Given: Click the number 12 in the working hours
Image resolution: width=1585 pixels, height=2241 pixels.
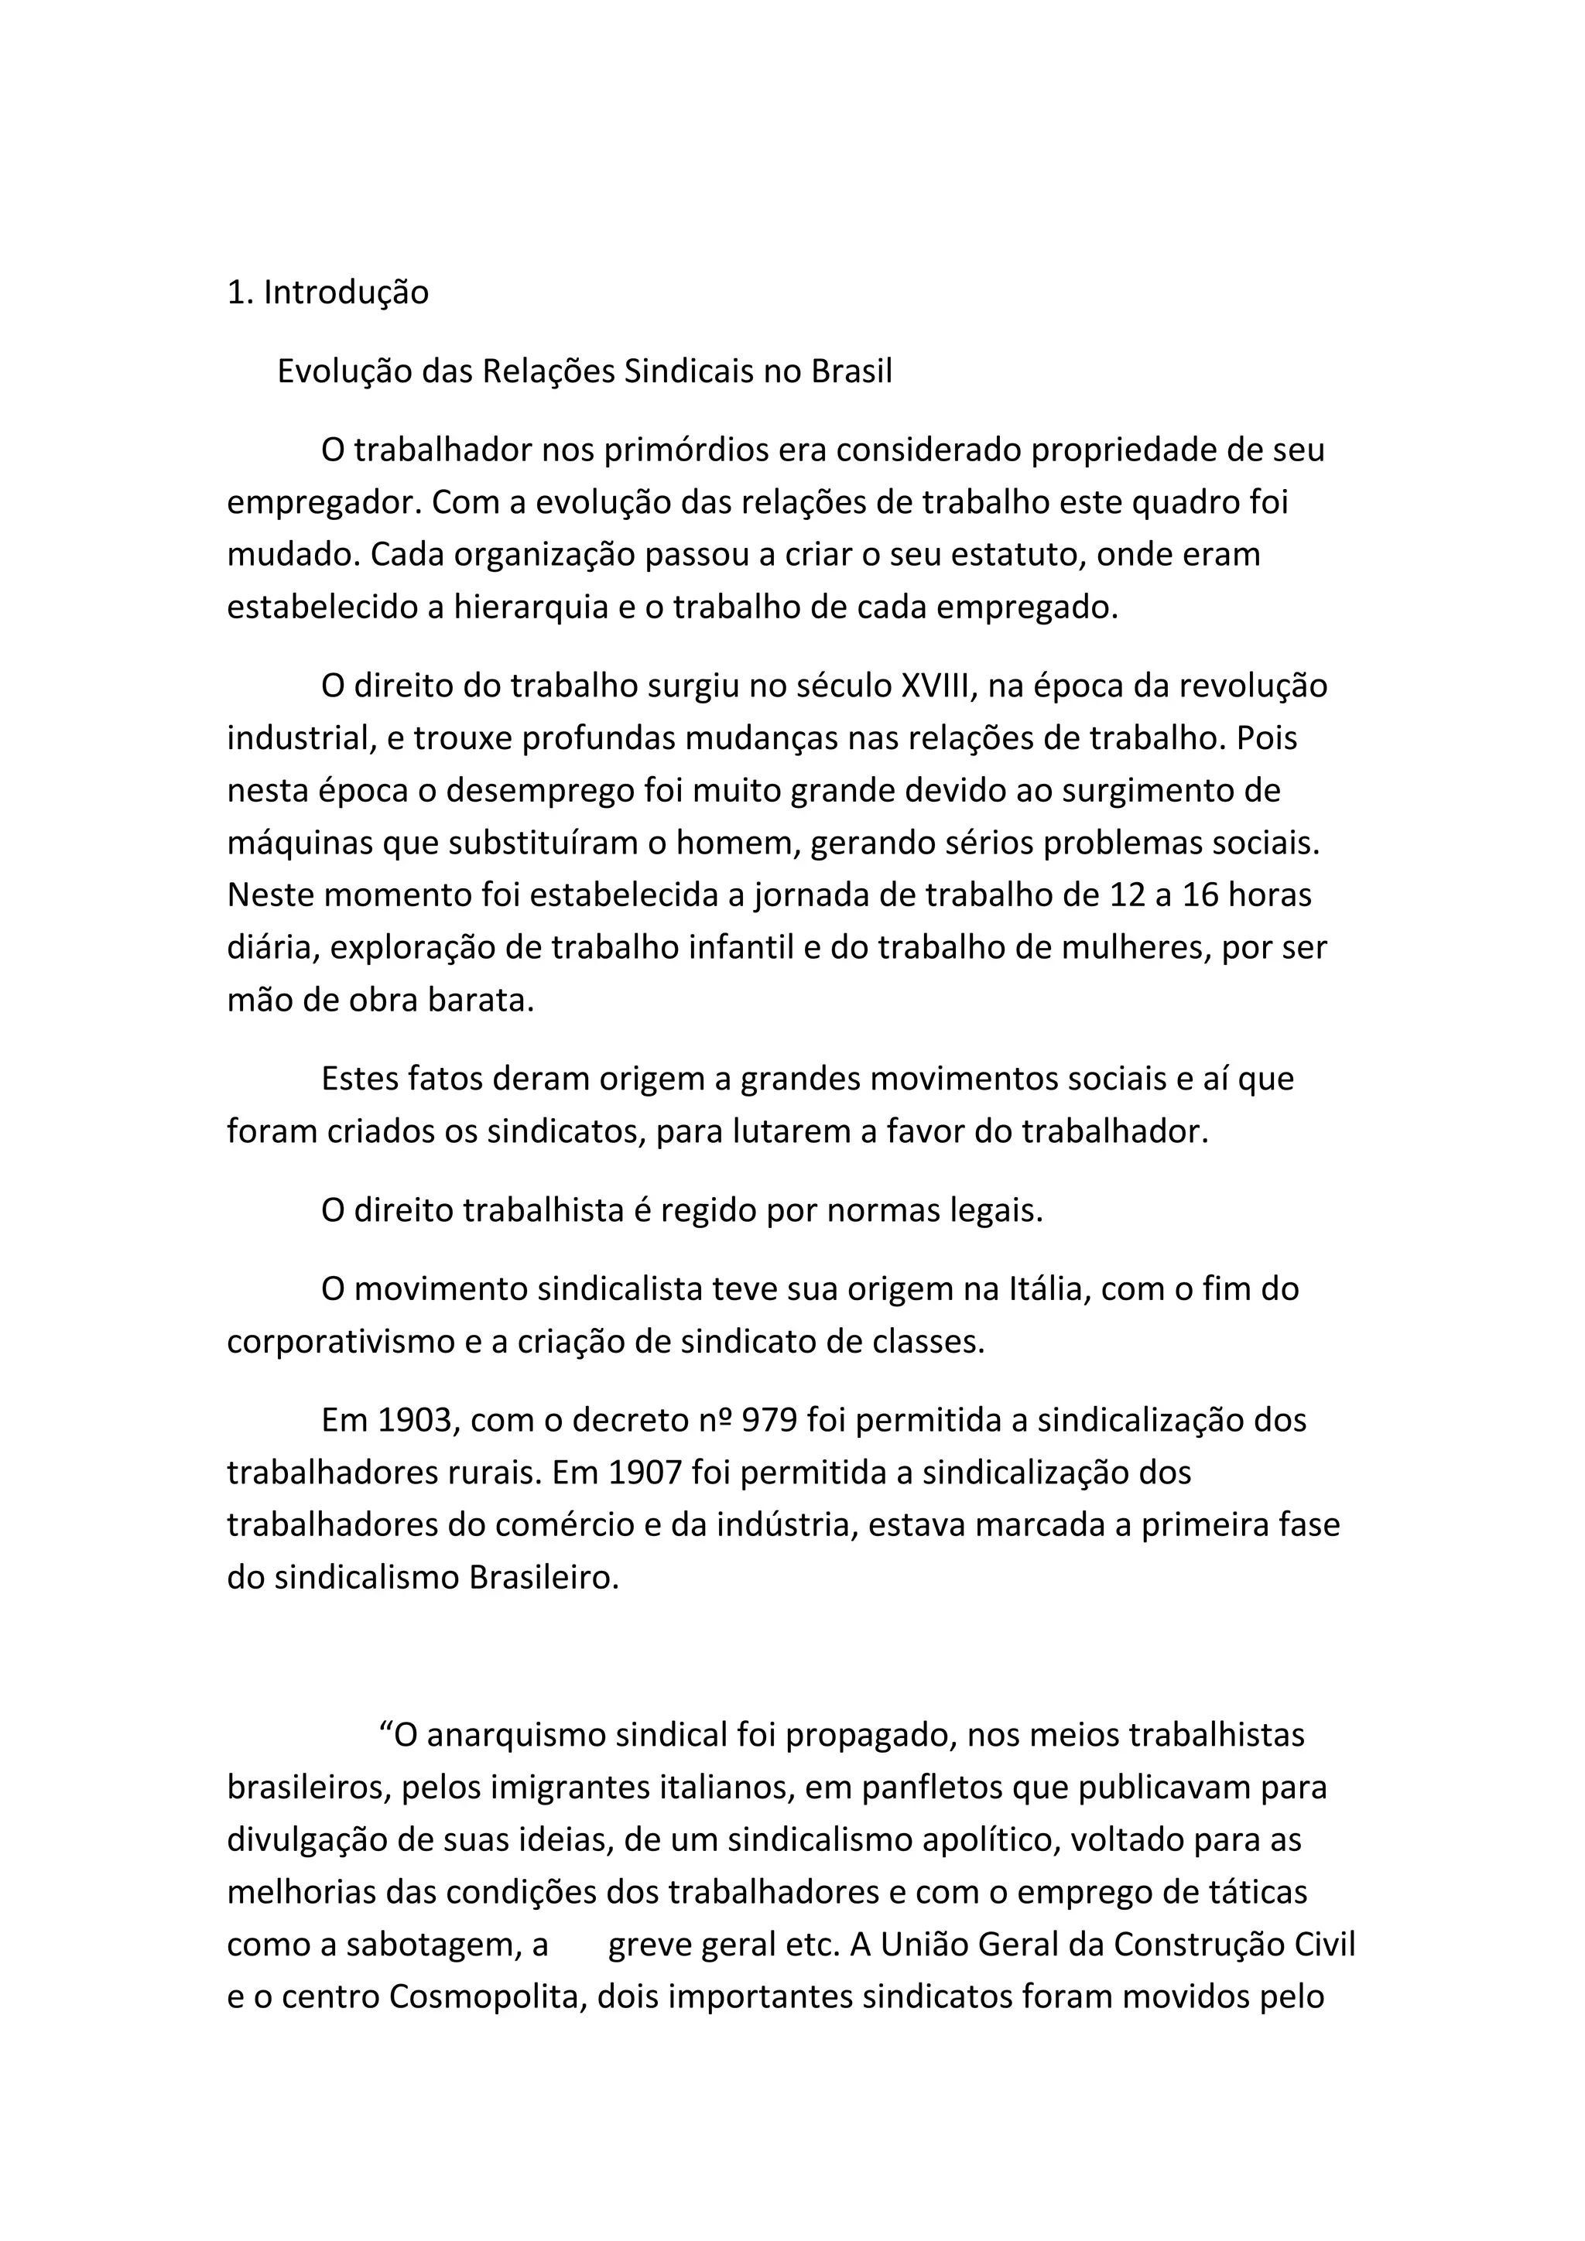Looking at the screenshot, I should pyautogui.click(x=1128, y=895).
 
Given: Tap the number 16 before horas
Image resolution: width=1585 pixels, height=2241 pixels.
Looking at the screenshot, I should pyautogui.click(x=1200, y=895).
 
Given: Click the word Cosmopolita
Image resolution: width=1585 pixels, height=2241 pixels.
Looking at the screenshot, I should pyautogui.click(x=486, y=1997).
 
